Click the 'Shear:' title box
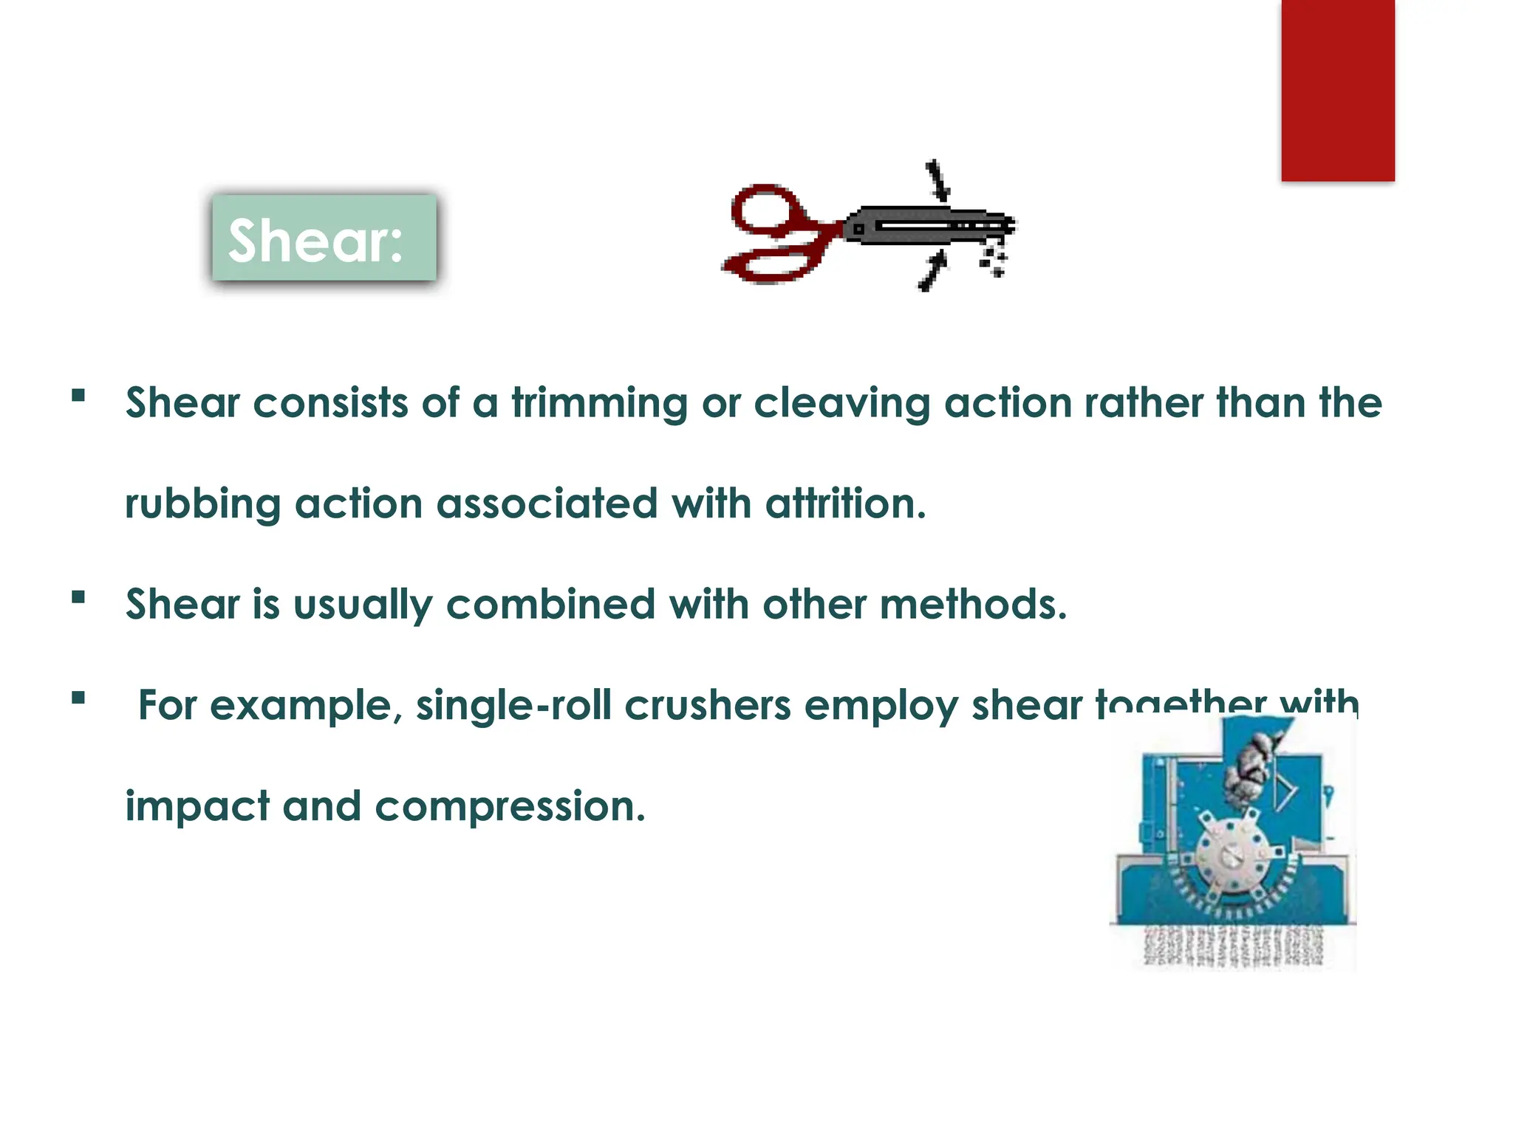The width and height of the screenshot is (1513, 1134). point(324,238)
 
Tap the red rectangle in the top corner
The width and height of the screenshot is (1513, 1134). point(1337,90)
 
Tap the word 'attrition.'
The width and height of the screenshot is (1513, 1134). point(845,504)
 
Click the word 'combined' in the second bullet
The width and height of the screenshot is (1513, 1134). point(550,605)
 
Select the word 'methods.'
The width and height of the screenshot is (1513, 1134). point(973,605)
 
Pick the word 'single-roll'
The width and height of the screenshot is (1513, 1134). point(513,706)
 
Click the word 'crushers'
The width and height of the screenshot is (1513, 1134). point(707,706)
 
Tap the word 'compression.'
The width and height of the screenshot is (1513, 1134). point(510,807)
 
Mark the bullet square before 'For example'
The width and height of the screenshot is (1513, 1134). point(78,698)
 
